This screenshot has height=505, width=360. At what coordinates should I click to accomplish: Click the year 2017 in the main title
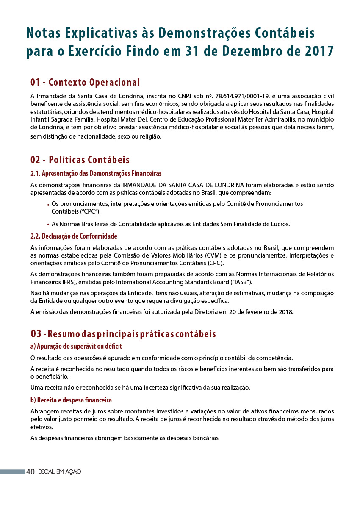pyautogui.click(x=318, y=51)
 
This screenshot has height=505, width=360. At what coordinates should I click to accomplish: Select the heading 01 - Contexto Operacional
pyautogui.click(x=85, y=82)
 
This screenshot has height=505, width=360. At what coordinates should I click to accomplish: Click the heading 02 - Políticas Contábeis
pyautogui.click(x=80, y=160)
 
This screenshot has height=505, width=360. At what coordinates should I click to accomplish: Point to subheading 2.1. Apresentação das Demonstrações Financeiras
pyautogui.click(x=96, y=174)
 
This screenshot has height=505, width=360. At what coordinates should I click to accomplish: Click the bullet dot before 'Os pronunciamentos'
pyautogui.click(x=48, y=205)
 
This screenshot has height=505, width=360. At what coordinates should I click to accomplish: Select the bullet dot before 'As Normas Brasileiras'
pyautogui.click(x=48, y=225)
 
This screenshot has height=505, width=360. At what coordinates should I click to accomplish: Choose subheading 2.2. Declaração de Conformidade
pyautogui.click(x=74, y=236)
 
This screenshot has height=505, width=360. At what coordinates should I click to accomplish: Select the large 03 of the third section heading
pyautogui.click(x=36, y=334)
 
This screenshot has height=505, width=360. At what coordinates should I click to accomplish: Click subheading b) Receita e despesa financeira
pyautogui.click(x=71, y=400)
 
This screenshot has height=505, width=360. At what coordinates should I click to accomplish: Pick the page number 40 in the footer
pyautogui.click(x=30, y=472)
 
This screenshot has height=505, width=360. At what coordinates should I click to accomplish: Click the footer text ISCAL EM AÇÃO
pyautogui.click(x=59, y=472)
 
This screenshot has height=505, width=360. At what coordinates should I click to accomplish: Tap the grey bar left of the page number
pyautogui.click(x=12, y=472)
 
